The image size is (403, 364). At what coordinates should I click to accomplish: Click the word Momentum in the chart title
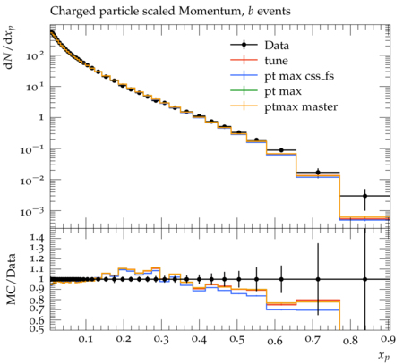210,12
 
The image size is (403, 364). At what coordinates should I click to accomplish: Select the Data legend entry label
277,46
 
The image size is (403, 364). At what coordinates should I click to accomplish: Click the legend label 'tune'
276,61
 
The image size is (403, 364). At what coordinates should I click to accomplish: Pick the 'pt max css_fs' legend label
299,76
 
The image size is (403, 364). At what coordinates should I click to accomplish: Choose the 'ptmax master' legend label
301,107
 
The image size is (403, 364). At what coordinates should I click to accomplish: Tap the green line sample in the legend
244,90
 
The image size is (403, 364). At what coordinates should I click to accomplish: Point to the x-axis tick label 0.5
237,340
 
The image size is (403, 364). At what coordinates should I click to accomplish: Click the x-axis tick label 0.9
389,340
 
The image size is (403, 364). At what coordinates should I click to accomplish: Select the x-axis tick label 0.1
86,340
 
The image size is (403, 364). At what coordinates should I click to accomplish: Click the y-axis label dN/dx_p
10,47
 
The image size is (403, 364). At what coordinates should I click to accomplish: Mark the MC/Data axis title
11,279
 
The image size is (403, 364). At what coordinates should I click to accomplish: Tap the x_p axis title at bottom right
384,356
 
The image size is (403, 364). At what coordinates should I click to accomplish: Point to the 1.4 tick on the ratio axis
38,238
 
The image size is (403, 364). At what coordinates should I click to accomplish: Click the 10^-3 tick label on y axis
33,211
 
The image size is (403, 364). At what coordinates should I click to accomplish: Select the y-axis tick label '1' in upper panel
41,118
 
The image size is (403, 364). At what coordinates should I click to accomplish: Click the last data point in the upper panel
364,196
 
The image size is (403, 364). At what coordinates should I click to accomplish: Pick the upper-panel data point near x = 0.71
318,173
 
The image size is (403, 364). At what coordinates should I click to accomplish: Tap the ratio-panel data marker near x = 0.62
281,279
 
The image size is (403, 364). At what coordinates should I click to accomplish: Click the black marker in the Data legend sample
244,45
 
